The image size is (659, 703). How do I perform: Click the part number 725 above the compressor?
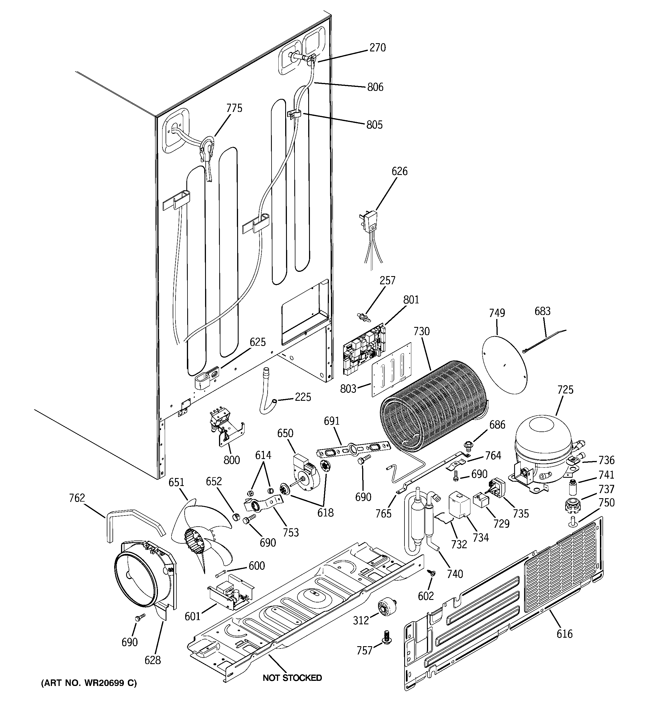pos(565,390)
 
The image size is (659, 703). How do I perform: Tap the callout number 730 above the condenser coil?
pos(422,331)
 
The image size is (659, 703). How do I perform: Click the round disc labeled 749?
pos(505,364)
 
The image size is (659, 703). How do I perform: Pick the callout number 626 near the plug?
pos(399,171)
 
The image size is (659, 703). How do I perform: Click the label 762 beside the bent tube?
pos(77,498)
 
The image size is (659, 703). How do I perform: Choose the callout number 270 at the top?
pos(378,48)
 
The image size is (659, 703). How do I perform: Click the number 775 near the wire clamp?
pos(234,108)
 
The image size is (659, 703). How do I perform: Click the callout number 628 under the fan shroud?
pos(153,660)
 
